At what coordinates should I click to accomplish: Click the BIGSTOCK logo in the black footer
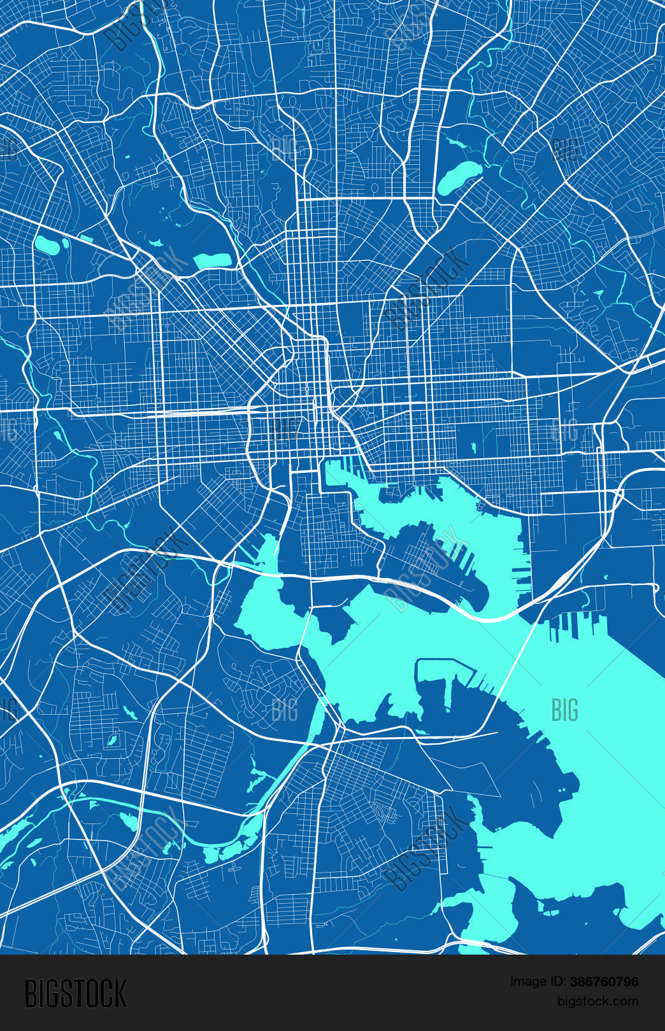76,993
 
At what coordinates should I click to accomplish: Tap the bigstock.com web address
597,1002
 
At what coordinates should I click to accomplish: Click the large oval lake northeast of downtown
459,176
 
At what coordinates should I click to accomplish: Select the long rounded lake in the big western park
212,260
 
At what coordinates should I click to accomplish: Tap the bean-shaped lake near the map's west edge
46,244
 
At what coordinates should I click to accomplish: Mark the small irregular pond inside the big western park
155,243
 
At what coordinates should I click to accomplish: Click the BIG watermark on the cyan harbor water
564,710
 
